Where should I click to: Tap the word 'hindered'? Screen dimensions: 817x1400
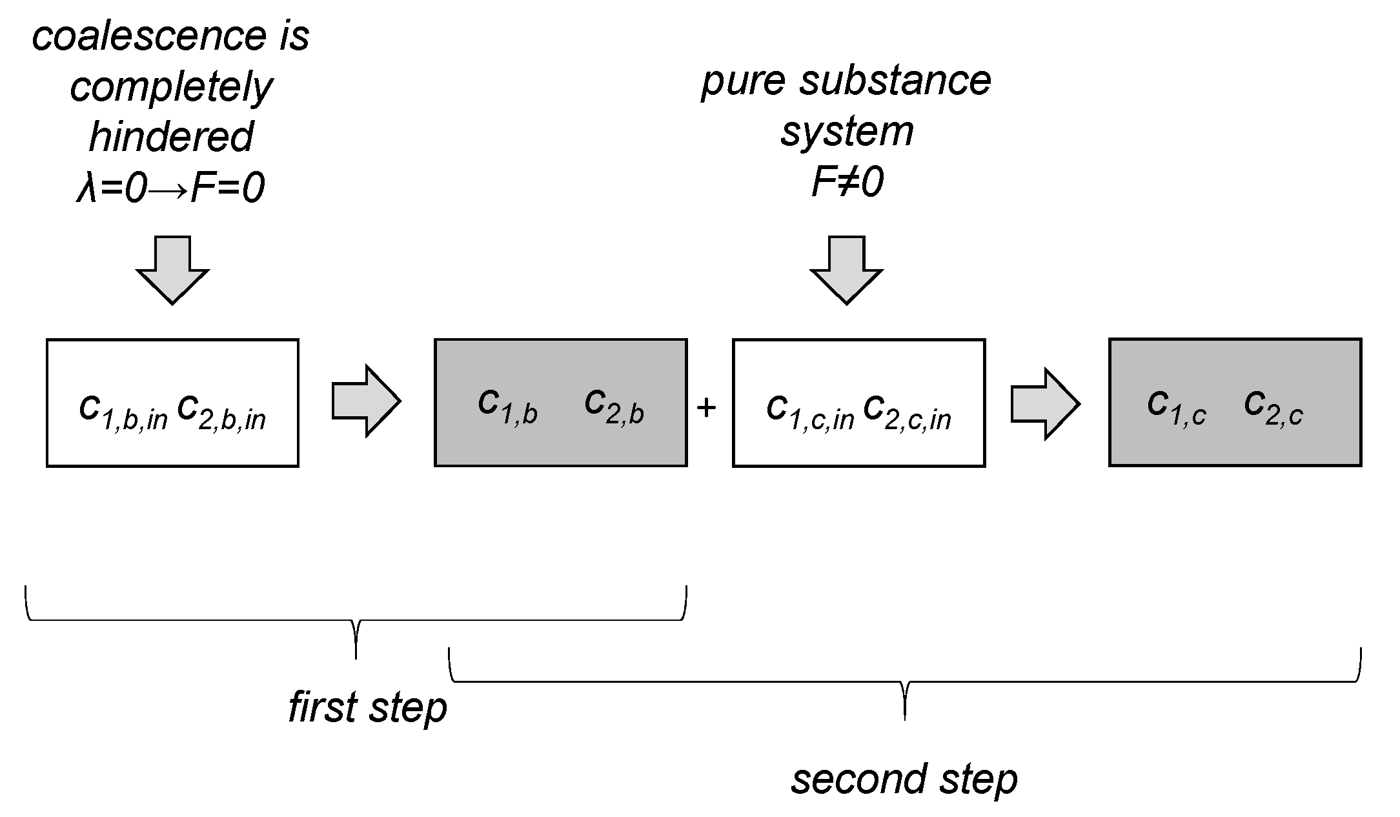(x=171, y=137)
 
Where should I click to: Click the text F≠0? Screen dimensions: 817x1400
(x=847, y=182)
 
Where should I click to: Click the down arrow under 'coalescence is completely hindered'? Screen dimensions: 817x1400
(x=172, y=270)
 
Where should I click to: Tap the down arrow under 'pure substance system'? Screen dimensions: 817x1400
(x=846, y=270)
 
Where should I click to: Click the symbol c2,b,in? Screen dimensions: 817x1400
(x=221, y=410)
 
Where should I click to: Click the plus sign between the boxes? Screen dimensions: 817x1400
(x=707, y=407)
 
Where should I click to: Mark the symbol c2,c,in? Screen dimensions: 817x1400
(x=907, y=410)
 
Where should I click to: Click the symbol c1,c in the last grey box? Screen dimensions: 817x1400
(x=1177, y=407)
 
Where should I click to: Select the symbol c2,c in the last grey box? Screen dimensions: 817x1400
(x=1273, y=407)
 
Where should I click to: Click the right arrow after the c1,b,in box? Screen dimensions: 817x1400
(x=366, y=401)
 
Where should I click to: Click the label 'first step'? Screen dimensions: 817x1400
(x=367, y=708)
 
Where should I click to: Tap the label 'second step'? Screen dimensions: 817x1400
(x=904, y=780)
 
